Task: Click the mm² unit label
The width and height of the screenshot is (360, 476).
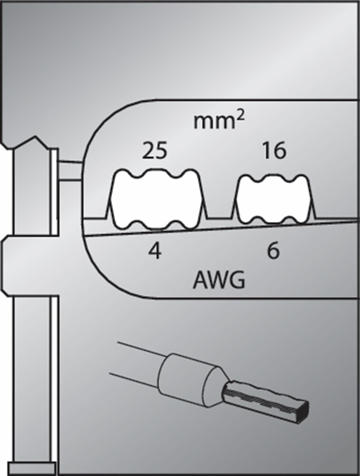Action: tap(218, 121)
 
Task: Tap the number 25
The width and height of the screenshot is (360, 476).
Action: tap(155, 151)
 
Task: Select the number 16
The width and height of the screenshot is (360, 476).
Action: tap(274, 151)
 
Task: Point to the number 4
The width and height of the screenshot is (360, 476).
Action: tap(155, 251)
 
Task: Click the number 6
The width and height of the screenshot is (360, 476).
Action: tap(273, 251)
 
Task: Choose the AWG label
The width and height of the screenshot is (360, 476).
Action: tap(219, 281)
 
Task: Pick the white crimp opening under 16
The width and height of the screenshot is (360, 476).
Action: tap(274, 200)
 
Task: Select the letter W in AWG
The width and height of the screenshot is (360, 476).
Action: tap(218, 281)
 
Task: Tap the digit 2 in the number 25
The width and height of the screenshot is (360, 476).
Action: tap(148, 151)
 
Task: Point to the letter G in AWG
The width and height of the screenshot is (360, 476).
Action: tap(236, 281)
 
